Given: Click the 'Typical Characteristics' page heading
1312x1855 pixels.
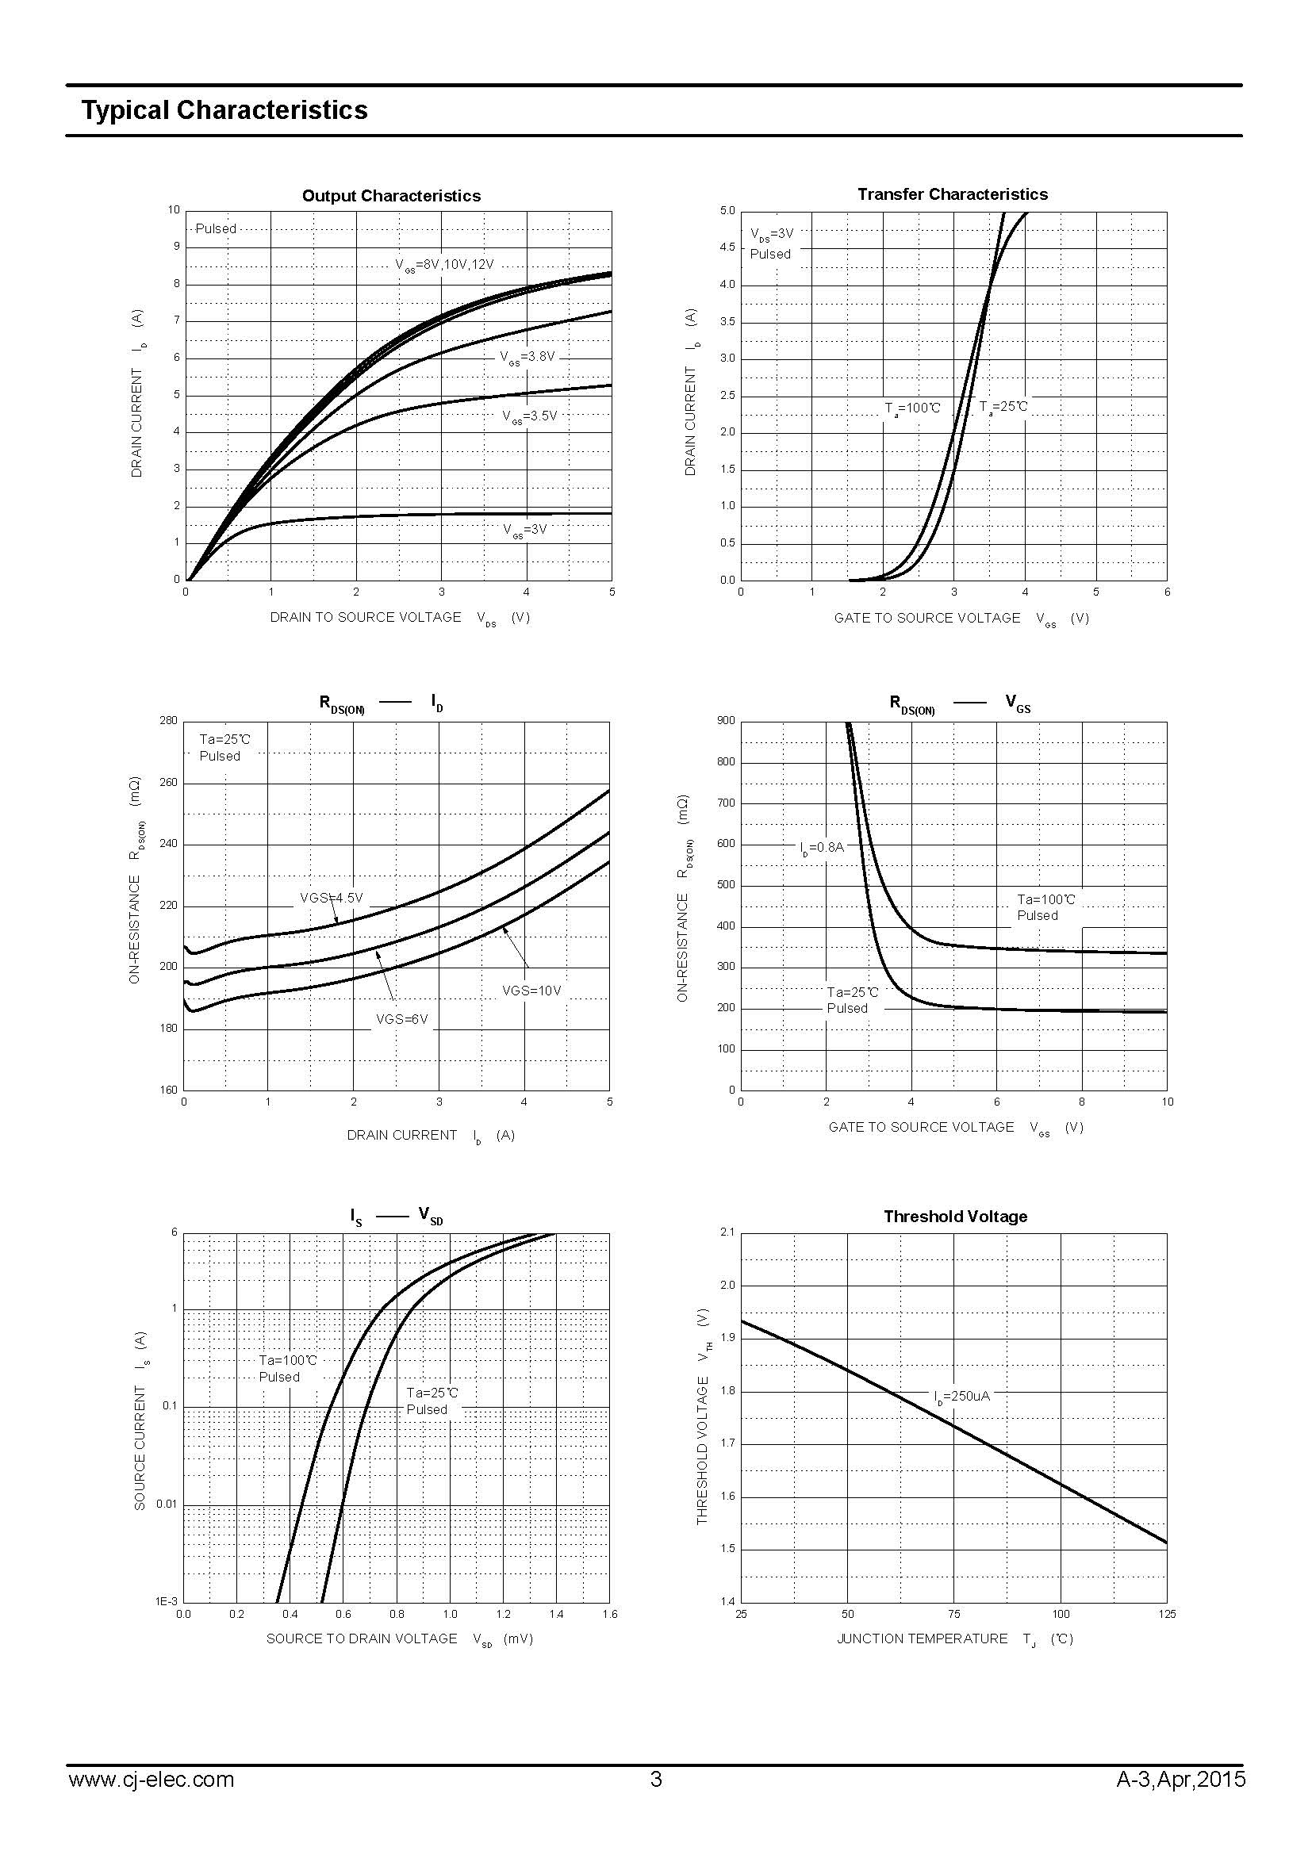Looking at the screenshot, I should coord(224,111).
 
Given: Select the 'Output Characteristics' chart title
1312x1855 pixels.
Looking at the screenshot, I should coord(391,196).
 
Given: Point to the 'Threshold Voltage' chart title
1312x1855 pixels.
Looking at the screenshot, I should coord(955,1217).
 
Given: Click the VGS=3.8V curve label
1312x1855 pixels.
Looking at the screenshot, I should coord(527,357).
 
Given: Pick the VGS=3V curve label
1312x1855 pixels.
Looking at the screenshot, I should coord(525,530).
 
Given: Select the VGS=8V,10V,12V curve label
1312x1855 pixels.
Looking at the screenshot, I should coord(444,265).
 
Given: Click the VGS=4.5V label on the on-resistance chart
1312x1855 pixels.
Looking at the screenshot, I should coord(332,898).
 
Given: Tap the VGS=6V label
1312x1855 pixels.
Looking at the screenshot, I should coord(401,1020).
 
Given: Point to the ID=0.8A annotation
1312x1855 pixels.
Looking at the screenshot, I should coord(822,848).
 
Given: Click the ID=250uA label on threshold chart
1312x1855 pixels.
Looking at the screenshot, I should coord(961,1396).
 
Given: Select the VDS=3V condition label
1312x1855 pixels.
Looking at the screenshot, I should coord(772,234).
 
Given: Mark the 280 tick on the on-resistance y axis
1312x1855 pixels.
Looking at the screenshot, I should coord(168,721).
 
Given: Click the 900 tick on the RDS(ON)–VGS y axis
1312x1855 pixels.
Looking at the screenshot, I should coord(726,721).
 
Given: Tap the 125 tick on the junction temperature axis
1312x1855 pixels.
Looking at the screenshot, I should coord(1167,1614).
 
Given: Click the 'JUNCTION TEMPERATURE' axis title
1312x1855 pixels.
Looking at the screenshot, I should coord(922,1638).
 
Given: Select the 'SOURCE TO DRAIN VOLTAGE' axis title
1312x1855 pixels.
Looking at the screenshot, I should coord(362,1638).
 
